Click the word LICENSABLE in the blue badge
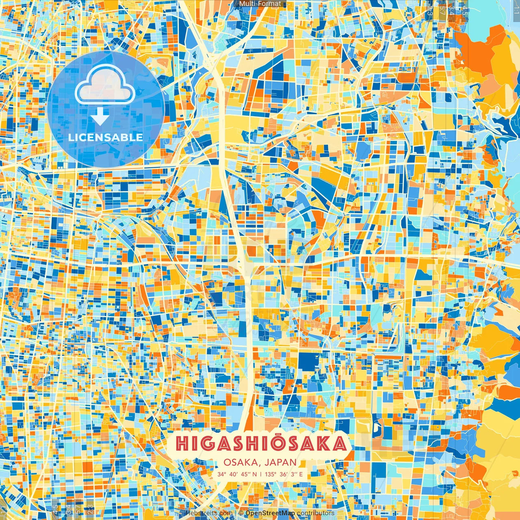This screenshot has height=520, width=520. [106, 137]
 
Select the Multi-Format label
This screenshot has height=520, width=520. [260, 4]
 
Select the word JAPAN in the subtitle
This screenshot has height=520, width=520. [280, 462]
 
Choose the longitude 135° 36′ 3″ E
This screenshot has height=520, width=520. [284, 474]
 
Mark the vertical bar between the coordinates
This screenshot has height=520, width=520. [260, 474]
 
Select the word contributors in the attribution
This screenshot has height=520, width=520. [315, 513]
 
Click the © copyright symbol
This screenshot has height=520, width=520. [241, 513]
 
